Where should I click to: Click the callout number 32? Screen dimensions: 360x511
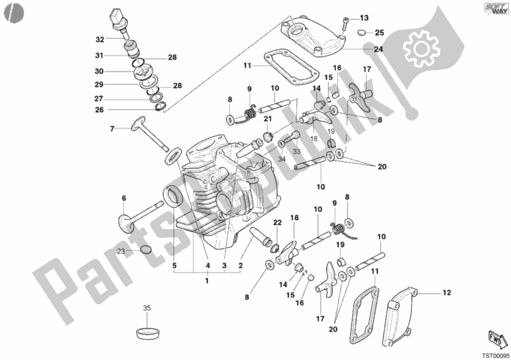pos(100,38)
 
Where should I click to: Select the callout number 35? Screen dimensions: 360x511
pos(146,308)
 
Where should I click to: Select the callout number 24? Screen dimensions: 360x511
pos(379,49)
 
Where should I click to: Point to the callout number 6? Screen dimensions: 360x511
pos(124,199)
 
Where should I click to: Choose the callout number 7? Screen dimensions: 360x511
pos(111,129)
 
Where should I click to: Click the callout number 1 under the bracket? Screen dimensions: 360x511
pos(206,281)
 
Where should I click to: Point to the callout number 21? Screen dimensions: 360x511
pos(268,119)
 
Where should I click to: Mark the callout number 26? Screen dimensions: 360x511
pos(100,110)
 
